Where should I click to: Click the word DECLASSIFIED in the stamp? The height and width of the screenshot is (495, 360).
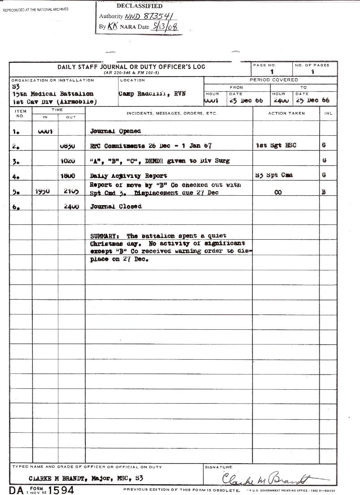[139, 6]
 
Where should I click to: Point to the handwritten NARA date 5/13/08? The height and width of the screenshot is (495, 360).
[165, 27]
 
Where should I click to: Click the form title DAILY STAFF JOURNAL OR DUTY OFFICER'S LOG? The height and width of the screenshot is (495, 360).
[131, 67]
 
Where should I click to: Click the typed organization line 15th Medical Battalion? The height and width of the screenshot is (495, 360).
[53, 94]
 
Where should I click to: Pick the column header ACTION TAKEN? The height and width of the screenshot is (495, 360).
[286, 113]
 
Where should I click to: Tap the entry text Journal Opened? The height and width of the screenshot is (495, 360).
[115, 131]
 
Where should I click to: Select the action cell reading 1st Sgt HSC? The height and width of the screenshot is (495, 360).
[276, 146]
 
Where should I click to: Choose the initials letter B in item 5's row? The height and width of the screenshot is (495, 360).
[324, 192]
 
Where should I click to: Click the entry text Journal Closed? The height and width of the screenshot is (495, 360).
[116, 207]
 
